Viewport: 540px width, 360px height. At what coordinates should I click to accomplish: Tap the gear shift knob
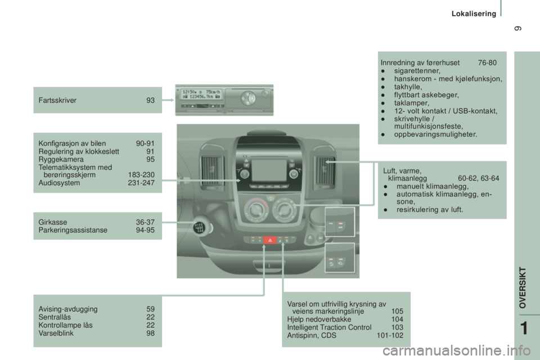click(200, 228)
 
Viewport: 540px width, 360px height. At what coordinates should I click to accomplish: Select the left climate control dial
click(256, 213)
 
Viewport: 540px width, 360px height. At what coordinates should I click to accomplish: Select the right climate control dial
click(285, 213)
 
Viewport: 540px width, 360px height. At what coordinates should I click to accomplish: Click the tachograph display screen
click(201, 99)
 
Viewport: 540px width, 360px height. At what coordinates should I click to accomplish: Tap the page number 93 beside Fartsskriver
click(150, 100)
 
